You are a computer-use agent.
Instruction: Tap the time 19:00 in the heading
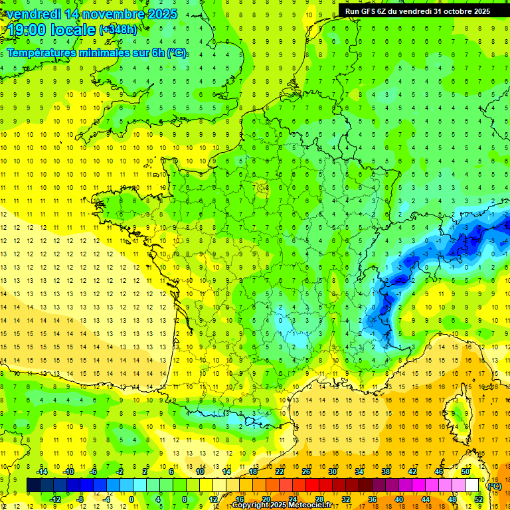(29, 29)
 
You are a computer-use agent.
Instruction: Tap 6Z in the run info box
(385, 11)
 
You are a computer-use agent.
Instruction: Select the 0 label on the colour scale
(131, 499)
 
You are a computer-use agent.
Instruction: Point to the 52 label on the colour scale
(479, 499)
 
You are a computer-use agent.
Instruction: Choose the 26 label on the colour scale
(306, 471)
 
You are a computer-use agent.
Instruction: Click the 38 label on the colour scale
(385, 471)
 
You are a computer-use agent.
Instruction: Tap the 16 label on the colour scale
(240, 499)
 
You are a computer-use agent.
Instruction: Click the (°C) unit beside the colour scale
(495, 485)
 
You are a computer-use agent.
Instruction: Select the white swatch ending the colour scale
(472, 485)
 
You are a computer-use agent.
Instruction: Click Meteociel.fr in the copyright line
(309, 505)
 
